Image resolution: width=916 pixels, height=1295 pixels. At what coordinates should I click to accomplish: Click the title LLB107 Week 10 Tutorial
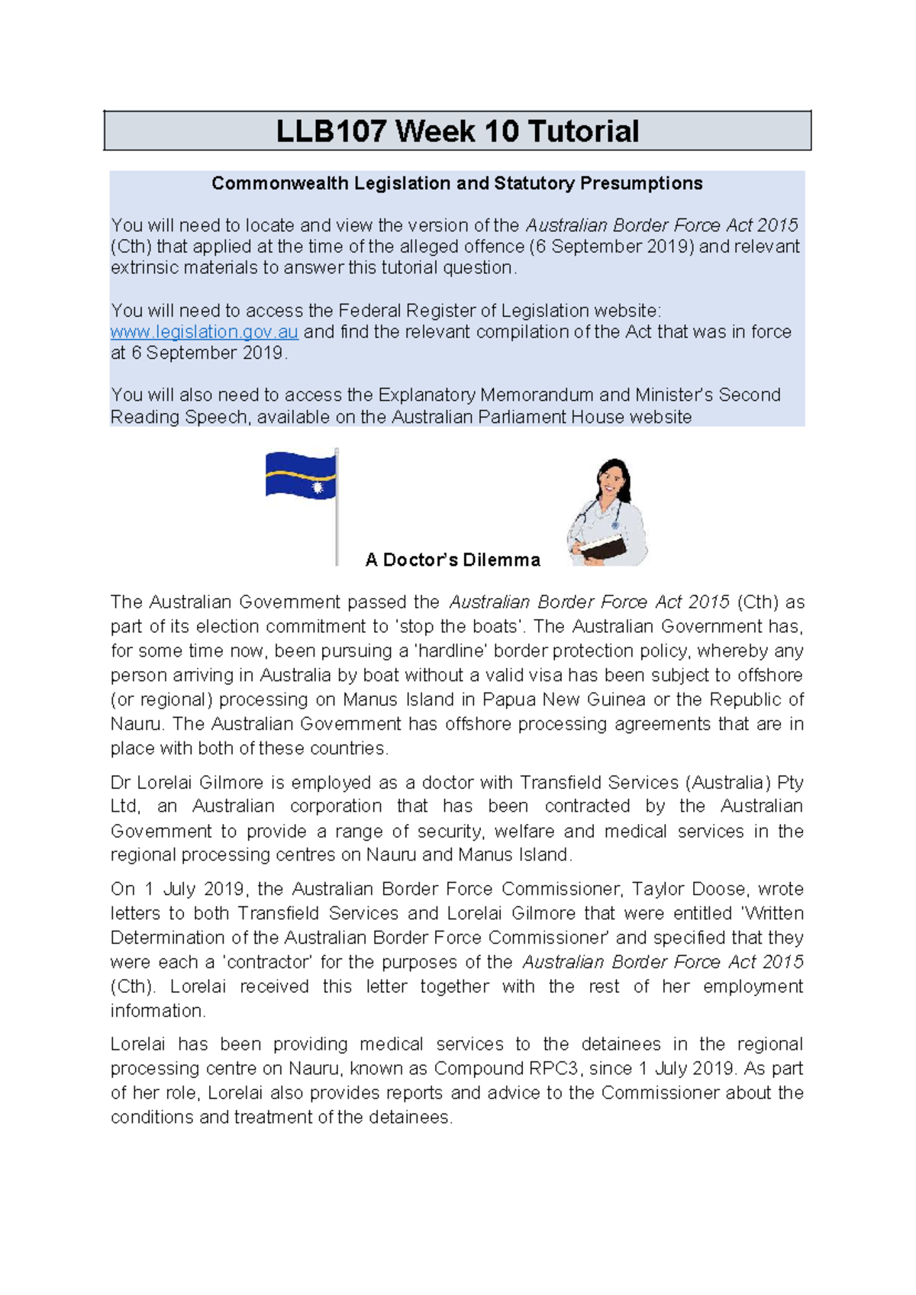[457, 131]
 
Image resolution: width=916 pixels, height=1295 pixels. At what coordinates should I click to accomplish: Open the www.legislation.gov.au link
[204, 332]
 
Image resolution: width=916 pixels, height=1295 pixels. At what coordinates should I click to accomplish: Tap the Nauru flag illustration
[300, 475]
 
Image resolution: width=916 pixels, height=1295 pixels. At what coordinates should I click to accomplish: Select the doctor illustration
[608, 513]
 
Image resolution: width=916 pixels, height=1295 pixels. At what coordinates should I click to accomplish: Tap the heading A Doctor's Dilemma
[453, 560]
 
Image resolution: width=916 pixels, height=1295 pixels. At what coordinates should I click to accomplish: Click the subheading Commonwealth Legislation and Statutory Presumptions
[457, 183]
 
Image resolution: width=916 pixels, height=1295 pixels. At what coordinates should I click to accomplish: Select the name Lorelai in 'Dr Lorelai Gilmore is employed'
[163, 783]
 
